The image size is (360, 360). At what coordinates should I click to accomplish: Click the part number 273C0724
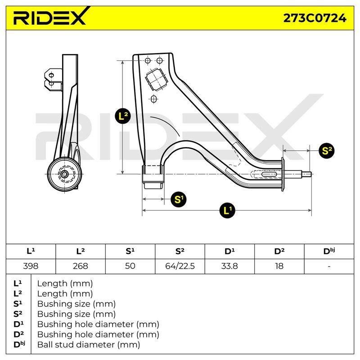tap(315, 18)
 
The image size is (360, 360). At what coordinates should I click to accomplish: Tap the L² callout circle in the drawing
tap(123, 116)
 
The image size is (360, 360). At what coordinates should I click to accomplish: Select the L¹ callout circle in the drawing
tap(227, 210)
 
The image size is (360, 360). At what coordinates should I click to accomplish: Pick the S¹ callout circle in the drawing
tap(179, 199)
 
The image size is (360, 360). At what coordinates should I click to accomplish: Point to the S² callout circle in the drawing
tap(327, 151)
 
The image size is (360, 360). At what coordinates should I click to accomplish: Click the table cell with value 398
tap(31, 266)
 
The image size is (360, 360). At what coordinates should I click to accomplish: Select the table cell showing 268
tap(81, 266)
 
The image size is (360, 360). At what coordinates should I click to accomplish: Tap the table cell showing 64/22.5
tap(180, 266)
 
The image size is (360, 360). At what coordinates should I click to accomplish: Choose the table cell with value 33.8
tap(229, 266)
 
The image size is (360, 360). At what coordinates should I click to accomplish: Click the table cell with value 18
tap(279, 266)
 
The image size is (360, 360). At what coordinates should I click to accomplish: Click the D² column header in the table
tap(279, 252)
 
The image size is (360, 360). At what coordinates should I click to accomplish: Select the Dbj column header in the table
tap(329, 252)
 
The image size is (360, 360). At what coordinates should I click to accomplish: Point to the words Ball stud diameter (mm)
tap(89, 345)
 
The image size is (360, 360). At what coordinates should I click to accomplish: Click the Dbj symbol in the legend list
tap(19, 344)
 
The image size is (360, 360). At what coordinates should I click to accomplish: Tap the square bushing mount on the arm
tap(156, 80)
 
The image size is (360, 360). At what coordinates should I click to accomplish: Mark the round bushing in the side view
tap(65, 174)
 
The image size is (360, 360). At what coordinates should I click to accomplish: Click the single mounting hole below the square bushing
tap(154, 99)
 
